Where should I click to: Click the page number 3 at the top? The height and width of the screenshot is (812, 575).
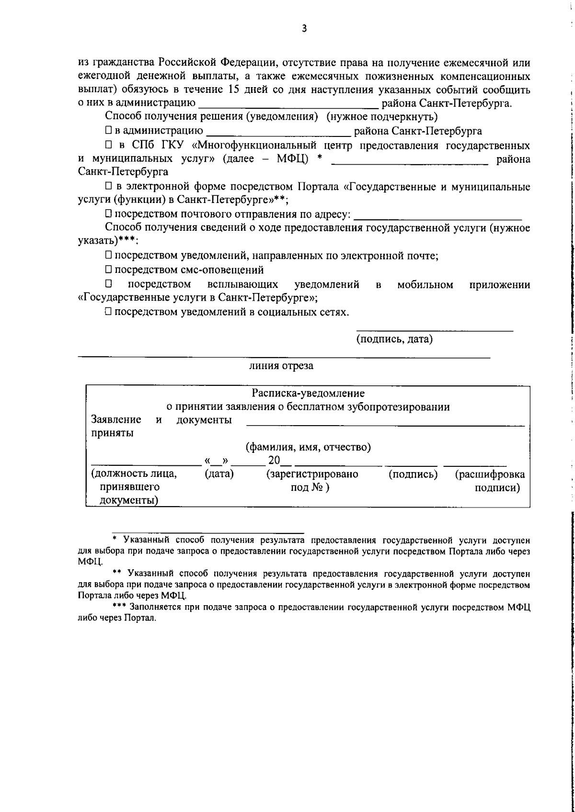click(304, 28)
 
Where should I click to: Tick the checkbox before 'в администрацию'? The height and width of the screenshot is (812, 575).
click(109, 131)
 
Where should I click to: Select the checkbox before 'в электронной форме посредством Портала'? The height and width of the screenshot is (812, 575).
click(109, 187)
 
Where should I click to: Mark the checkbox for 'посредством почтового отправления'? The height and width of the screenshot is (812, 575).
click(109, 214)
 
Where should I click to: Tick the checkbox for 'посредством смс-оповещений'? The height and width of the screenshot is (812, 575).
click(109, 270)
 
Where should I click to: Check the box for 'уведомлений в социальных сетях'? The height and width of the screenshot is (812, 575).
click(109, 312)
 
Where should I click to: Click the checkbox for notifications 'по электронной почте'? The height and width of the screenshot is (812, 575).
click(109, 256)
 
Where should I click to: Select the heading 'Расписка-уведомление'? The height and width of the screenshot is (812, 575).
click(308, 394)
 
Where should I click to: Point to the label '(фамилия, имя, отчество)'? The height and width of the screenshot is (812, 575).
click(308, 448)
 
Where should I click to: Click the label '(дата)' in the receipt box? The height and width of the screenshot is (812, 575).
click(219, 474)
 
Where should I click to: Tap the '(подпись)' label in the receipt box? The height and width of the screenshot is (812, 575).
click(413, 474)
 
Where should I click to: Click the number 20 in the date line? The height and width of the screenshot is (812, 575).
click(274, 461)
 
